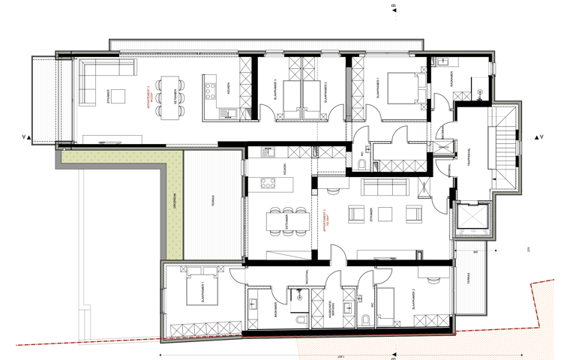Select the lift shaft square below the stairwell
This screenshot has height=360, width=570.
tap(473, 217)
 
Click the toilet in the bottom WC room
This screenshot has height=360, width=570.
tap(364, 320)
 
